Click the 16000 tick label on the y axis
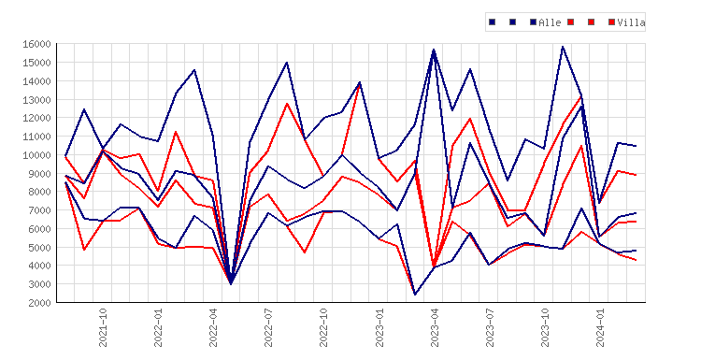click(36, 44)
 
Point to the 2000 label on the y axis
click(39, 302)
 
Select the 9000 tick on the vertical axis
click(39, 173)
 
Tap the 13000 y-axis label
click(36, 99)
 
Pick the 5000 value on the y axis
click(39, 247)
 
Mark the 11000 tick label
click(36, 137)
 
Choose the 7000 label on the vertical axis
click(39, 210)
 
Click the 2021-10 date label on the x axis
click(103, 327)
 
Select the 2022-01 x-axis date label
click(158, 327)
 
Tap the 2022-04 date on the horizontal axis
click(213, 327)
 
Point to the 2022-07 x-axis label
click(268, 327)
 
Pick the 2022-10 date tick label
click(323, 327)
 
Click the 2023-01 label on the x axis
click(379, 327)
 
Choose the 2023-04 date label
click(435, 327)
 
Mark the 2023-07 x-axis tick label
click(490, 327)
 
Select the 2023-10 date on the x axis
click(545, 327)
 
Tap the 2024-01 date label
click(600, 327)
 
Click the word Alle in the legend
click(550, 22)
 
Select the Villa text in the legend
click(631, 22)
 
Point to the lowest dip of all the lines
click(415, 295)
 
